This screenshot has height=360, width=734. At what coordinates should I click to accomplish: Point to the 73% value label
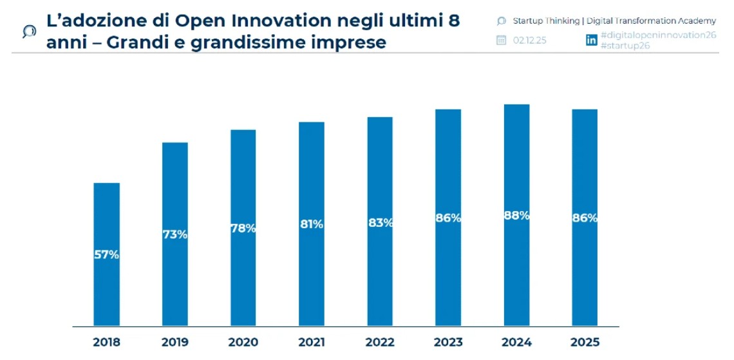(x=175, y=234)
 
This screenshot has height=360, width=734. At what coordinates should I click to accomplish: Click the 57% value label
(x=107, y=254)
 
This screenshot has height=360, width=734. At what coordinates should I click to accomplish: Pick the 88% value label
(x=516, y=216)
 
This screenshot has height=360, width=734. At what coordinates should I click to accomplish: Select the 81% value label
(x=312, y=224)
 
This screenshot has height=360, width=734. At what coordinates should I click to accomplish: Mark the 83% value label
(x=380, y=223)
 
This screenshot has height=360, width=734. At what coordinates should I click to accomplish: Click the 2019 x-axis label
(x=175, y=342)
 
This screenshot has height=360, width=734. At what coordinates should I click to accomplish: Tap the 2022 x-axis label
(x=380, y=342)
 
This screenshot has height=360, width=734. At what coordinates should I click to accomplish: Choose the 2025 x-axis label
(x=585, y=342)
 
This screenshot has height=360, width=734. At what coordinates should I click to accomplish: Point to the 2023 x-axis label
(x=448, y=342)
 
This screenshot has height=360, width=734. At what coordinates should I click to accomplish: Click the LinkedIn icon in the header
(x=591, y=40)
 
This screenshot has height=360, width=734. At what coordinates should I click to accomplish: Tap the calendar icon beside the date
(x=502, y=40)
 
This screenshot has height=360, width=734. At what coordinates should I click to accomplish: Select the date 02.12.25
(x=529, y=40)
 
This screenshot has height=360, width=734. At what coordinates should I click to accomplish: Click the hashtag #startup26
(x=625, y=46)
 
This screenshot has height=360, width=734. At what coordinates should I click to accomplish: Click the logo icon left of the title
(x=29, y=31)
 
